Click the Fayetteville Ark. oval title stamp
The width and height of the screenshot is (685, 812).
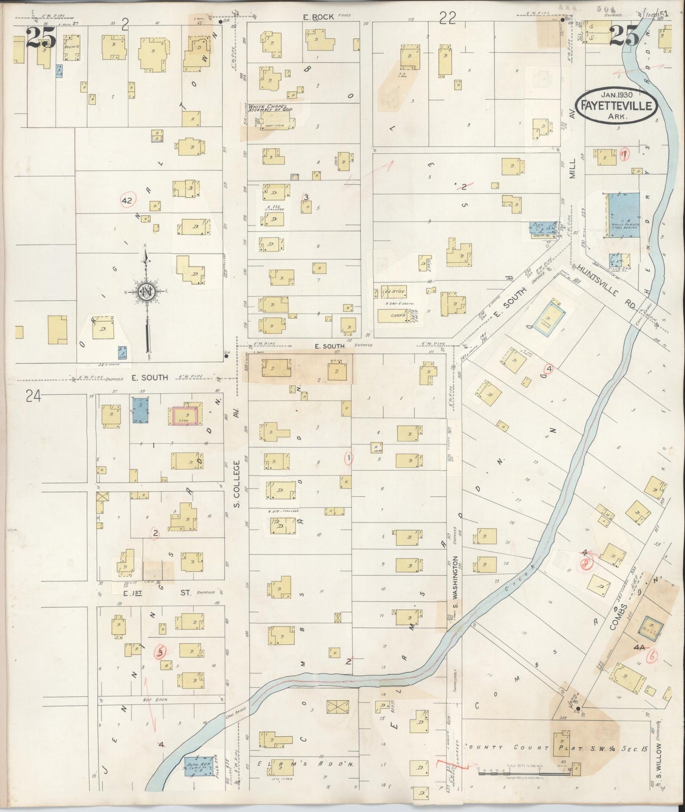616,104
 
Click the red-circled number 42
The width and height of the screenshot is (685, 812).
127,200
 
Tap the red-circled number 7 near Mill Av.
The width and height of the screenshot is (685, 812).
625,154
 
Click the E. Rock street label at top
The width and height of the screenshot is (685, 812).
319,17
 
